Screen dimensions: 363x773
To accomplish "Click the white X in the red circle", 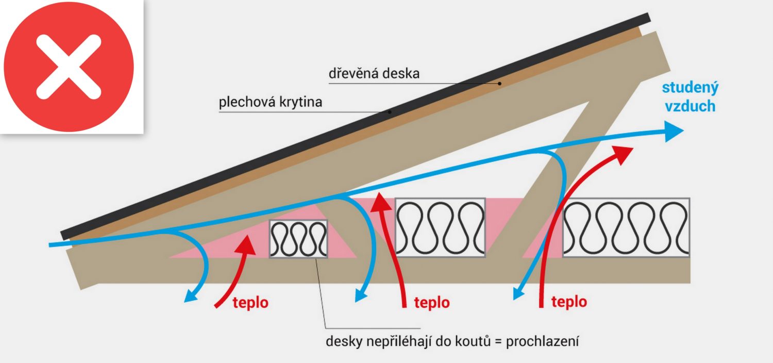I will tap(68, 67).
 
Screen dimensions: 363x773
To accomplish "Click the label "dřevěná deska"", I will tap(374, 73).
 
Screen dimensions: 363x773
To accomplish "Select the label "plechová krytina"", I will tap(271, 102).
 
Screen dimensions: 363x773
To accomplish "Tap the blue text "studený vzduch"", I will tap(690, 96).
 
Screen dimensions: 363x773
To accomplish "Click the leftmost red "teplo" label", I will tap(250, 303).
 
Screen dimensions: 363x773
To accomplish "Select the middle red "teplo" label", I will tap(431, 302).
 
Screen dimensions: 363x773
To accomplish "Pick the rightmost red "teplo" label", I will tap(569, 301).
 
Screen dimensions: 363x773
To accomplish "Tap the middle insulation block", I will tap(440, 227).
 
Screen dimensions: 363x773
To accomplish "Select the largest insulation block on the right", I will tap(626, 227).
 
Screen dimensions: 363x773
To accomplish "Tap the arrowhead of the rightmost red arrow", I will tap(622, 153).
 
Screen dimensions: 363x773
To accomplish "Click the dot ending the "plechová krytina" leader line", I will tap(390, 111).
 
